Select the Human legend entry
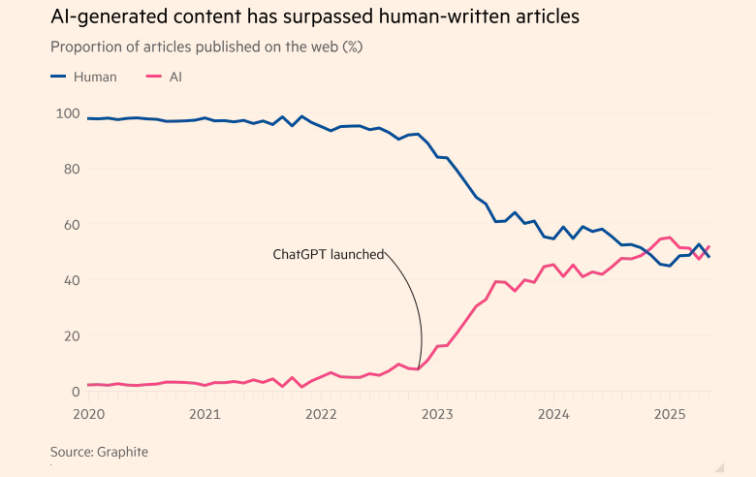(82, 77)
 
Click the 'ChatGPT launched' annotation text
(328, 255)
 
